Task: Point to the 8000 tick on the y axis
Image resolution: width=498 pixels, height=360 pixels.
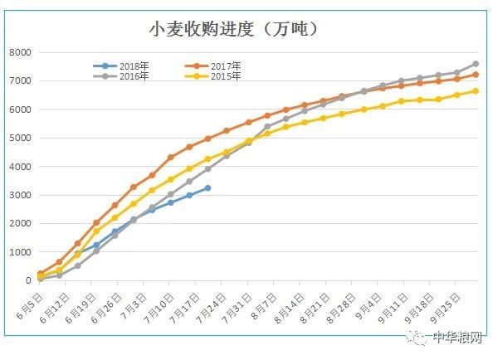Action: point(18,52)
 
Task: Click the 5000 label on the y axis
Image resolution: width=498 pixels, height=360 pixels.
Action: point(18,138)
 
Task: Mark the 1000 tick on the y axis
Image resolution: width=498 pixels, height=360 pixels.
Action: point(18,252)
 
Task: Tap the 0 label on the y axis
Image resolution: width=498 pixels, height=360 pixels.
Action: point(27,280)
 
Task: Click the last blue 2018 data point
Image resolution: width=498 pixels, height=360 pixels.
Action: point(207,188)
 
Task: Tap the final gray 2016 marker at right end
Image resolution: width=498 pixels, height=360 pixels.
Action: point(475,64)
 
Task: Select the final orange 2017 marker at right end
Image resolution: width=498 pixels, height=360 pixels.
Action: point(475,75)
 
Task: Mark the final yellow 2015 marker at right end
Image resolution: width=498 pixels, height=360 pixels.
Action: point(475,91)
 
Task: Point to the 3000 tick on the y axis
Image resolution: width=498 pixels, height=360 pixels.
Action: point(18,195)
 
